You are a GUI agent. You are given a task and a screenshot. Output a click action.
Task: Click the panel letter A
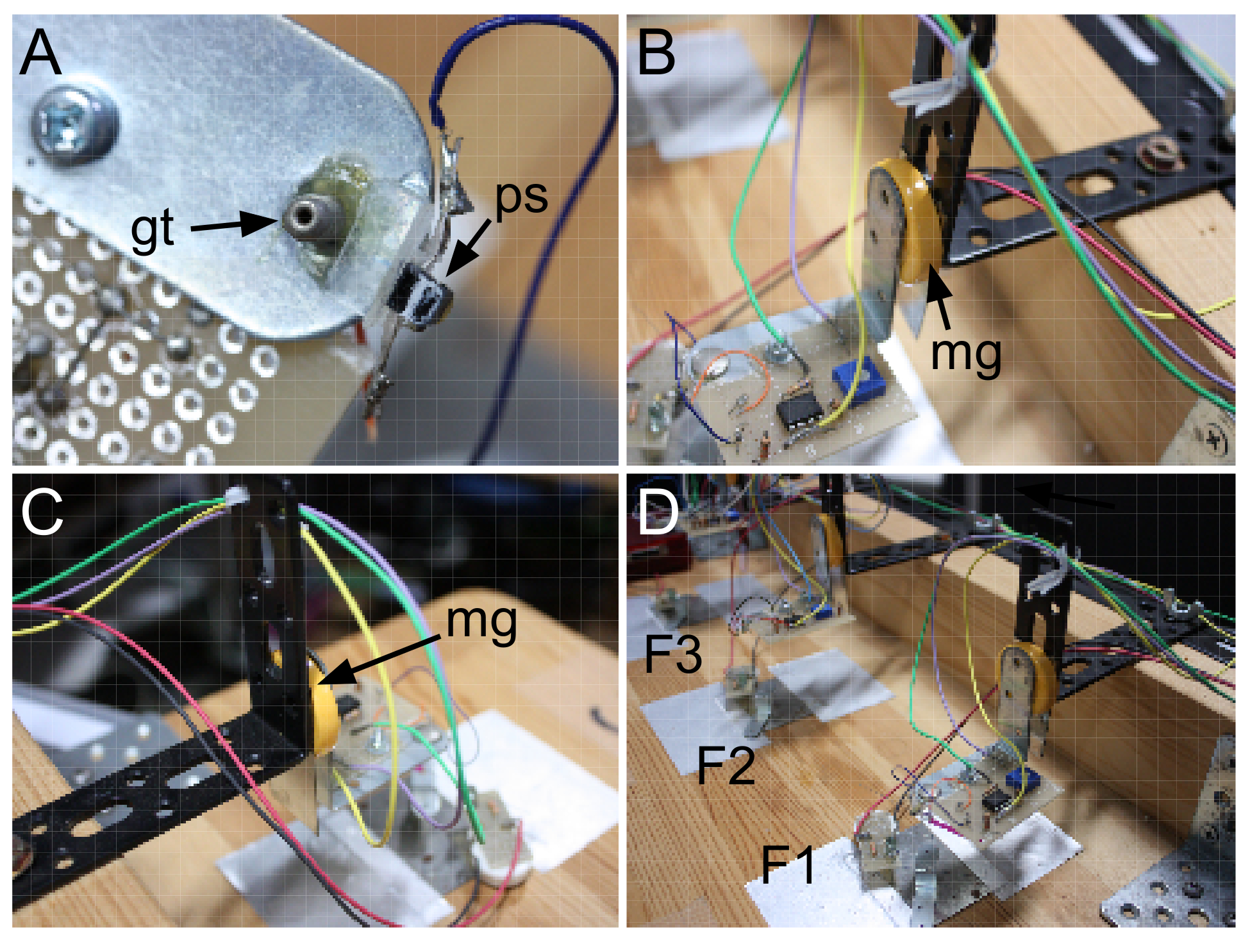pyautogui.click(x=40, y=54)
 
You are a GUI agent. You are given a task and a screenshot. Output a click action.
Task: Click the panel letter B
pyautogui.click(x=656, y=54)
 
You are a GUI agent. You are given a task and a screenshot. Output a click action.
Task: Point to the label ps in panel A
pyautogui.click(x=521, y=197)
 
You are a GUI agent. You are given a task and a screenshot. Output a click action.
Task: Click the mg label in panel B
pyautogui.click(x=966, y=354)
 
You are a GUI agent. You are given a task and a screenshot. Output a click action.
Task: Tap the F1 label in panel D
pyautogui.click(x=787, y=864)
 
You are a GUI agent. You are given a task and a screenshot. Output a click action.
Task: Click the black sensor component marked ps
pyautogui.click(x=420, y=299)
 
